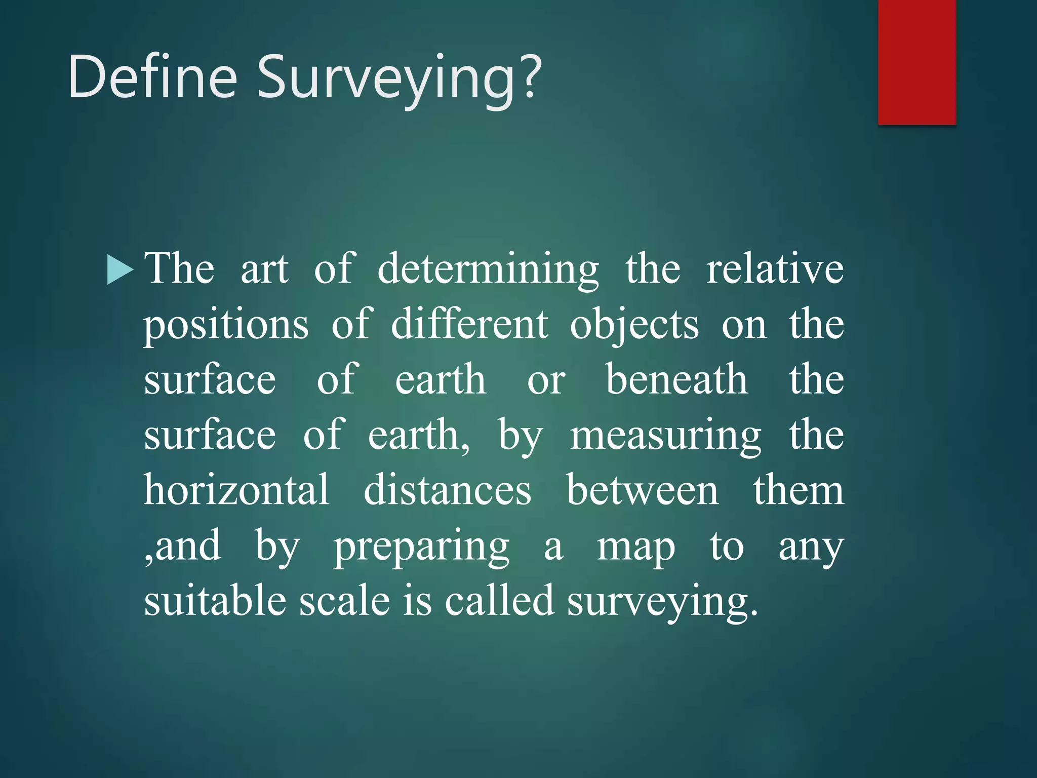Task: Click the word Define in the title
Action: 152,77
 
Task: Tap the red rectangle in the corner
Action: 916,62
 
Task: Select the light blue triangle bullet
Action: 120,269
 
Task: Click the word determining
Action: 488,269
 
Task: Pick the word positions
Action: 226,325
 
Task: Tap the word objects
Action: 634,325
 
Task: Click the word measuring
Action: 665,437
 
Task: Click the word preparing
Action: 421,547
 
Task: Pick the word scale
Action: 344,601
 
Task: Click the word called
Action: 499,601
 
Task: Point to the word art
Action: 264,269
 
